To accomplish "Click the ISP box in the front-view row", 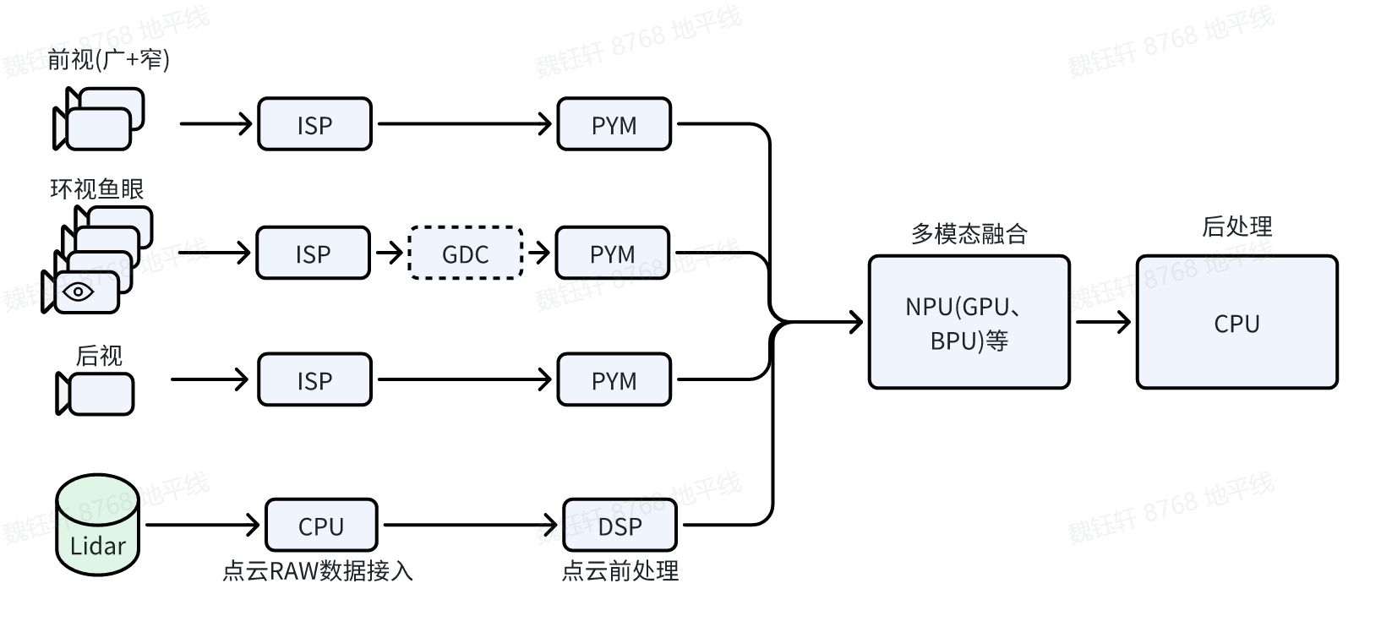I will point(314,124).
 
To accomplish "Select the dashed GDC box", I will point(465,254).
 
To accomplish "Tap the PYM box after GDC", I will point(613,254).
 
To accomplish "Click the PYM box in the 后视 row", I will point(614,380).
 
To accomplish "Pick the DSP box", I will point(620,526).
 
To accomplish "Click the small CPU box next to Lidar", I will point(321,526).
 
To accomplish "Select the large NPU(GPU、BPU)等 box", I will point(969,323).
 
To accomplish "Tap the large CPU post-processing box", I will point(1236,323).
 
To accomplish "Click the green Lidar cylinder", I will point(97,526).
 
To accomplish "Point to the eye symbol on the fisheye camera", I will point(79,292).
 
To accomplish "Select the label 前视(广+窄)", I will point(108,60).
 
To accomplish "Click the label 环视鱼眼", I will point(96,188).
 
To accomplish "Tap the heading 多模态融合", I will point(969,233).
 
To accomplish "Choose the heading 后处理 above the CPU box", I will point(1236,226).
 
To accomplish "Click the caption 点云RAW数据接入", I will point(318,571).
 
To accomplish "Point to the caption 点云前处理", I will point(620,571).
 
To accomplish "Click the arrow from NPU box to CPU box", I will point(1102,322).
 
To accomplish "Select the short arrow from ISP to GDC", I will point(389,253).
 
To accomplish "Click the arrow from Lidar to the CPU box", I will point(203,526).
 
